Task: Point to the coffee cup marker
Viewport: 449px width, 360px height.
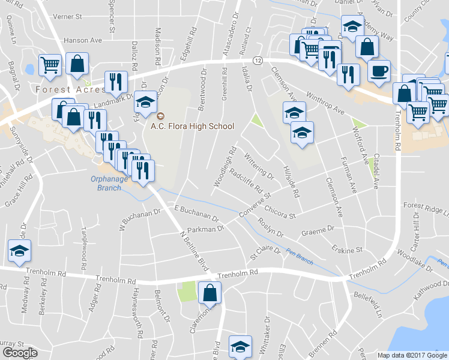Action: (378, 71)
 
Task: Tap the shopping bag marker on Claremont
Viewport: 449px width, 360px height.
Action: (209, 293)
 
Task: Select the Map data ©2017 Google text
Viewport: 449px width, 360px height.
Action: (413, 355)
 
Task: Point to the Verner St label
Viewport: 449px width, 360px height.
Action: (67, 17)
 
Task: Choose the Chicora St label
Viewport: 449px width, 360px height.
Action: (280, 211)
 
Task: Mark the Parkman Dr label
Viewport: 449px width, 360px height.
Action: (205, 229)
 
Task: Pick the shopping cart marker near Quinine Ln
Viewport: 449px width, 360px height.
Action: (50, 65)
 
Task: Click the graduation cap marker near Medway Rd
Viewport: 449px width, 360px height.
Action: (19, 251)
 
